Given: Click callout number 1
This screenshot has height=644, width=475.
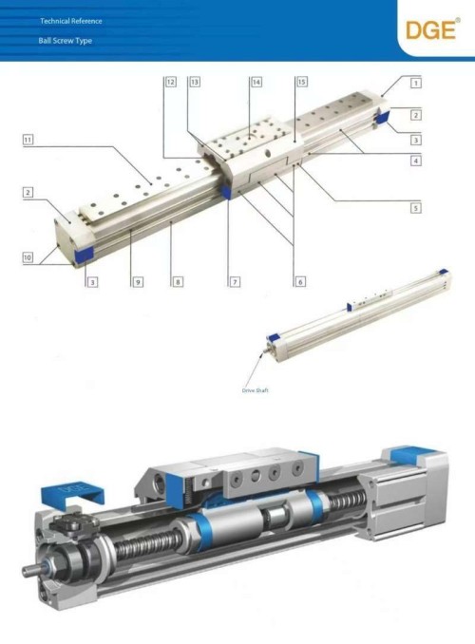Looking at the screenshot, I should pyautogui.click(x=417, y=83).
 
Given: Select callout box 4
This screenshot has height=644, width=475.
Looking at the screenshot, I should pyautogui.click(x=417, y=161).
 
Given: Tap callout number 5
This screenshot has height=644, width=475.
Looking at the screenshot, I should pyautogui.click(x=417, y=206).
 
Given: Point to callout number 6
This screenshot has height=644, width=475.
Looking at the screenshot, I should pyautogui.click(x=299, y=282).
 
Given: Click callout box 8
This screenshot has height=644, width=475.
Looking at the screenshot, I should pyautogui.click(x=177, y=282).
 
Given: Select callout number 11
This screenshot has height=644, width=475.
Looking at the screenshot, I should pyautogui.click(x=29, y=141).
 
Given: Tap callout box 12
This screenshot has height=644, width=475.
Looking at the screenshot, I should pyautogui.click(x=170, y=83).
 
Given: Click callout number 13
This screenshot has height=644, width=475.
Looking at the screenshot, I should pyautogui.click(x=194, y=83).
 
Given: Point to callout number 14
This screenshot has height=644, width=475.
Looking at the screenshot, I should pyautogui.click(x=256, y=83).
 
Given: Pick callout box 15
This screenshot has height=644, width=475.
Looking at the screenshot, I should pyautogui.click(x=301, y=83).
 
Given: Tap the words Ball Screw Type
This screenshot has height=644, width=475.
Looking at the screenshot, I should pyautogui.click(x=66, y=43).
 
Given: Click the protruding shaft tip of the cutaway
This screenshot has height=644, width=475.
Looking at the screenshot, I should pyautogui.click(x=27, y=573).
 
